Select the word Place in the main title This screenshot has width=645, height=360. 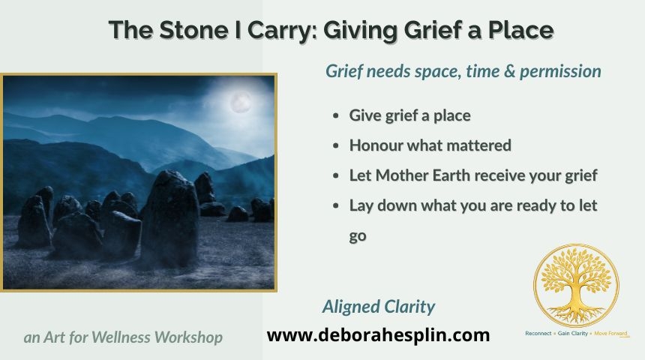[520, 31]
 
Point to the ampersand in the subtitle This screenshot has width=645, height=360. [508, 71]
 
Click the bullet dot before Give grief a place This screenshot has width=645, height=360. [336, 115]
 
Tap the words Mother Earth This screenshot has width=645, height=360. [423, 175]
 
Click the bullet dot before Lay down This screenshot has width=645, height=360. [336, 205]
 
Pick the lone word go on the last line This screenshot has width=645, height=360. [358, 236]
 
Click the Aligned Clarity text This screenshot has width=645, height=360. [379, 307]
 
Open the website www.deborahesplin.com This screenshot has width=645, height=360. [378, 335]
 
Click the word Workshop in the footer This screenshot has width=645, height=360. [188, 337]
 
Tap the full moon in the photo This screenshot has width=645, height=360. [241, 103]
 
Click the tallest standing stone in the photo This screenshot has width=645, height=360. [169, 218]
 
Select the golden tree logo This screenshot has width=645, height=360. [576, 286]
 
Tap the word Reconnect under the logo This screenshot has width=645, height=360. [538, 333]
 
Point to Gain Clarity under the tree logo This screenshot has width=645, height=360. [572, 333]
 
